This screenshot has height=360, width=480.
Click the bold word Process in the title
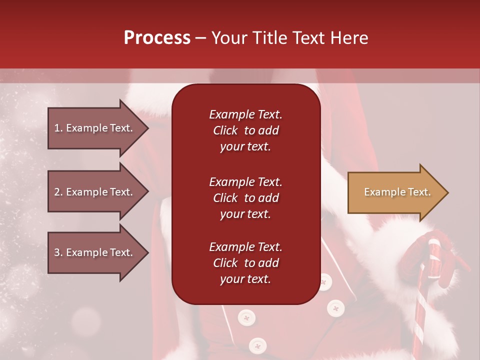[x=157, y=37]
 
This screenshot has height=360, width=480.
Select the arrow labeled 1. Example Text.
[x=95, y=128]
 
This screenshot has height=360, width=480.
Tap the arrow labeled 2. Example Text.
[x=95, y=192]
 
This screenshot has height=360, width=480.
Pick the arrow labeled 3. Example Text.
[x=95, y=252]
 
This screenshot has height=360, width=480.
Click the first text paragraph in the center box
[x=245, y=130]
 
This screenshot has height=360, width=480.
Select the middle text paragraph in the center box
[x=245, y=197]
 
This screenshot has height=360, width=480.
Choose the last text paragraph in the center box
[x=245, y=263]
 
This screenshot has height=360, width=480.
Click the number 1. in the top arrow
[x=58, y=128]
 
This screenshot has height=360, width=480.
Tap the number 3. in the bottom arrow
[x=58, y=252]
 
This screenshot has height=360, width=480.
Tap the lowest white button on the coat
[x=257, y=345]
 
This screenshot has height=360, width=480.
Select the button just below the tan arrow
[x=335, y=307]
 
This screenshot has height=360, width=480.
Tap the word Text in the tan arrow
[x=419, y=192]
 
